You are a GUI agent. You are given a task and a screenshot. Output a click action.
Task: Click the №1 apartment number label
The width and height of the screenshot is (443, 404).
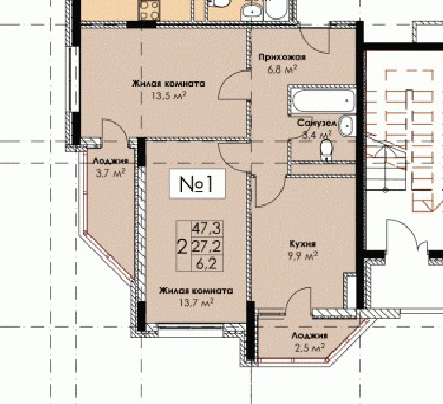pyautogui.click(x=197, y=184)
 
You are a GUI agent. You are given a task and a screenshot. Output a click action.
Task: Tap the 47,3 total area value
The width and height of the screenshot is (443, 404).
pyautogui.click(x=207, y=228)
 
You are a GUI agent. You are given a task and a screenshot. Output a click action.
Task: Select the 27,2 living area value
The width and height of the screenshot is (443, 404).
pyautogui.click(x=207, y=246)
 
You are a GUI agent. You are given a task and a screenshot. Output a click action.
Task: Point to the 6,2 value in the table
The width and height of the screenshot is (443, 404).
pyautogui.click(x=207, y=264)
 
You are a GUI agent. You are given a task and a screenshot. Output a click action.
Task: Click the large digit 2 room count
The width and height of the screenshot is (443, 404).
pyautogui.click(x=182, y=246)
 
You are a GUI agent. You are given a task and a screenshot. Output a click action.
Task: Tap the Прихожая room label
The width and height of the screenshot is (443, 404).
pyautogui.click(x=282, y=58)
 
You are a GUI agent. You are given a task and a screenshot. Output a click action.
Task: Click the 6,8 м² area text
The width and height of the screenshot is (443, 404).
pyautogui.click(x=282, y=69)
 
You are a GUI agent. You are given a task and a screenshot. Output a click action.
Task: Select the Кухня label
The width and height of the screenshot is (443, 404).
pyautogui.click(x=302, y=244)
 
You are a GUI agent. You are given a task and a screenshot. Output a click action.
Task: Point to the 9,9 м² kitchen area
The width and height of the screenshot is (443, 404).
pyautogui.click(x=303, y=256)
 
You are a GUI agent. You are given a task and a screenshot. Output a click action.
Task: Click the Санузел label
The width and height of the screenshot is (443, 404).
pyautogui.click(x=317, y=124)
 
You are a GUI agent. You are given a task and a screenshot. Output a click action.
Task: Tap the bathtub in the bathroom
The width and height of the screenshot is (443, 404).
pyautogui.click(x=322, y=100)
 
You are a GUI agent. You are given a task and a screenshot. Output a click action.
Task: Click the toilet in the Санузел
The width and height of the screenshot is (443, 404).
pyautogui.click(x=327, y=150)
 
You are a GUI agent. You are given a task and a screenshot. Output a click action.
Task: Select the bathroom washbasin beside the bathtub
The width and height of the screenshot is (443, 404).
pyautogui.click(x=346, y=125)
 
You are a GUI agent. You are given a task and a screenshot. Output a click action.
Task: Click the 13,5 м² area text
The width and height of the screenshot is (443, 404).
pyautogui.click(x=169, y=95)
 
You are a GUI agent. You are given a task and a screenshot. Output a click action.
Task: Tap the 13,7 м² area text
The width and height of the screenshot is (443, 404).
pyautogui.click(x=196, y=302)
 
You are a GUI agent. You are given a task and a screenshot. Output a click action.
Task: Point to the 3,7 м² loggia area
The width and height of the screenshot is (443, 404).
pyautogui.click(x=111, y=173)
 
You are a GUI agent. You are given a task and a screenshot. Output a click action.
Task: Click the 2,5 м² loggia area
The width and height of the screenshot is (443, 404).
pyautogui.click(x=310, y=347)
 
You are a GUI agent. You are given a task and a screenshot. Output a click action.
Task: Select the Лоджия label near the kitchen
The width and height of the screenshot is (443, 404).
pyautogui.click(x=310, y=336)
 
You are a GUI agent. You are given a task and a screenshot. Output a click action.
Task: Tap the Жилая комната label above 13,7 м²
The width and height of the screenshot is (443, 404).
pyautogui.click(x=196, y=291)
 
